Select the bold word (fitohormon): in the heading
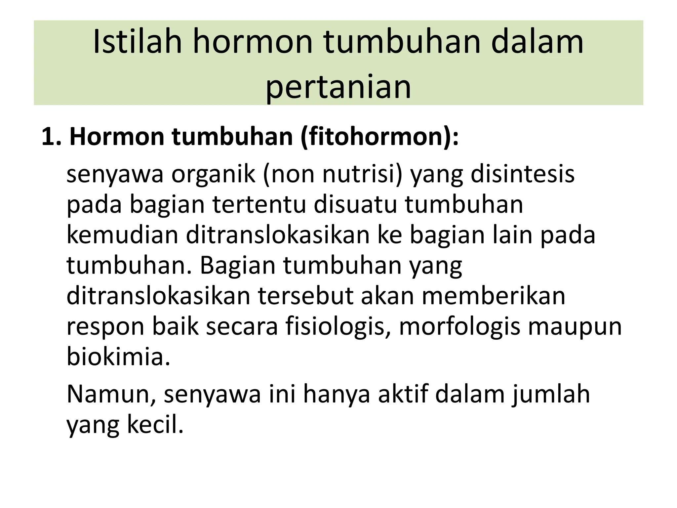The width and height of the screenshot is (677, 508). click(x=380, y=137)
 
